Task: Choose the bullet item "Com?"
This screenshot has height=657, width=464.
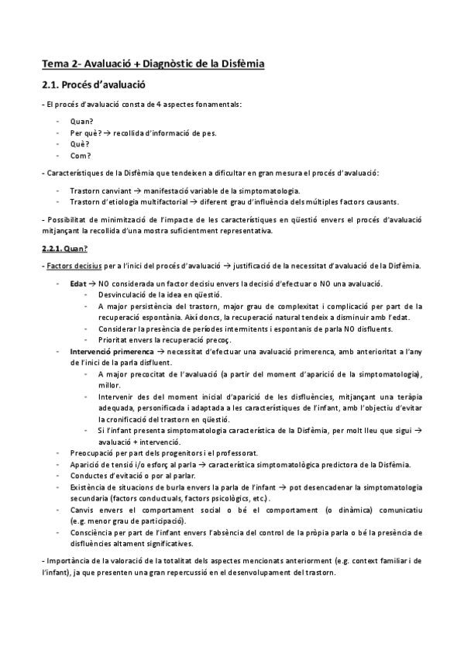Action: tap(80, 155)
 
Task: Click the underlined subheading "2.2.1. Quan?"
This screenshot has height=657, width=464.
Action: tap(64, 249)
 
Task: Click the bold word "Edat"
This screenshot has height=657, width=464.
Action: tap(77, 284)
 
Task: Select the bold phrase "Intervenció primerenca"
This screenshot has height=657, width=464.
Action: tap(106, 351)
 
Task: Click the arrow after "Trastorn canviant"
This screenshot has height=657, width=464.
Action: tap(136, 190)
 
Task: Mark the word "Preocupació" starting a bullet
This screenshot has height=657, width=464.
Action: tap(92, 452)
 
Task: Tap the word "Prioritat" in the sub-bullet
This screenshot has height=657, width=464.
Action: tap(113, 340)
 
